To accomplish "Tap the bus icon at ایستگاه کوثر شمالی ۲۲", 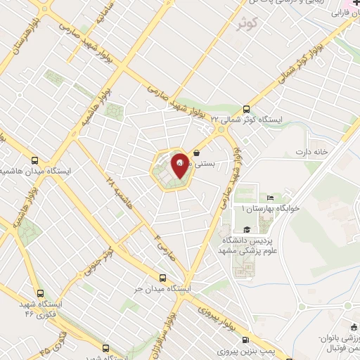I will [246, 109].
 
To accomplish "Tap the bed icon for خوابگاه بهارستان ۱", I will [271, 199].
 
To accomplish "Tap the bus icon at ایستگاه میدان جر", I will [163, 278].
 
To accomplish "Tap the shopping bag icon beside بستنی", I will [197, 151].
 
